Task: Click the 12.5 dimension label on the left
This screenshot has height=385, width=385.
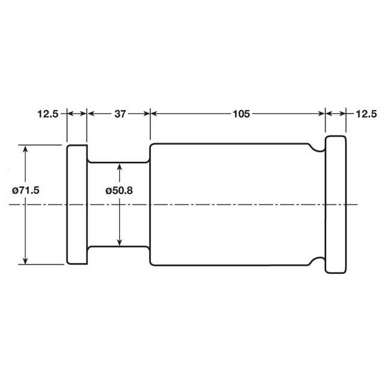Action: tap(47, 114)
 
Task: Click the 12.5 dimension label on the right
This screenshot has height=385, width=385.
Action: tap(366, 114)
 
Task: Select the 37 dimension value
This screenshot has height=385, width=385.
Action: tap(119, 114)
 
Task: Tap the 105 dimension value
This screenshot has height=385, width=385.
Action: tap(242, 114)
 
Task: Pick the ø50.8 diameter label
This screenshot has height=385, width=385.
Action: tap(119, 190)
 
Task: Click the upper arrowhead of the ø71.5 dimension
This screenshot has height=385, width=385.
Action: tap(25, 148)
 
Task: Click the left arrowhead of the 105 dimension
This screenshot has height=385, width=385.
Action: tap(153, 113)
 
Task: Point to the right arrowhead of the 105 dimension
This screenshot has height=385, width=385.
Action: tap(321, 113)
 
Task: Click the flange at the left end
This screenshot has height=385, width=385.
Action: tap(77, 205)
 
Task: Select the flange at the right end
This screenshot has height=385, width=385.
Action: tap(336, 205)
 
